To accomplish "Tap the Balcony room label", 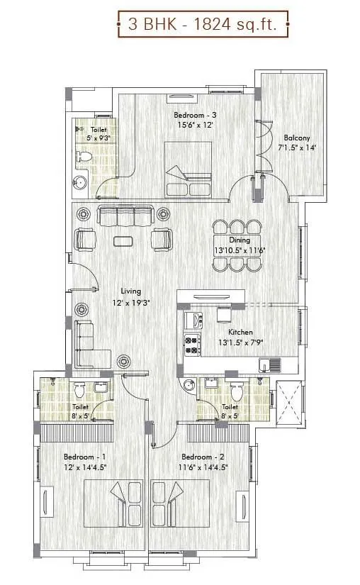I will click(x=297, y=138).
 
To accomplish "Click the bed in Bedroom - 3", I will click(x=189, y=169).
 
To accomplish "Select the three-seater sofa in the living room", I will click(x=124, y=216).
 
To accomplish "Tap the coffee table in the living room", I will click(x=125, y=240).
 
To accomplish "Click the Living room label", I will click(x=130, y=291).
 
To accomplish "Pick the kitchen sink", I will click(x=269, y=364).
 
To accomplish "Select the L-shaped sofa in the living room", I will click(x=89, y=345).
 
